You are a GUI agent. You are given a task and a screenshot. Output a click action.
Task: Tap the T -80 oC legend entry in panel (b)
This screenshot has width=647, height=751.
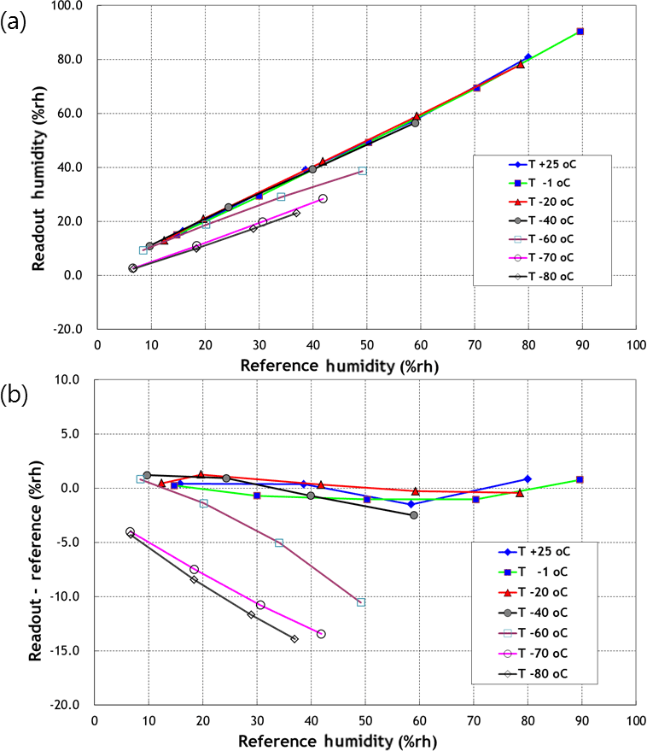pyautogui.click(x=540, y=673)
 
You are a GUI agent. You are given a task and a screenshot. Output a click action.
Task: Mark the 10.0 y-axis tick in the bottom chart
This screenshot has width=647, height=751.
pyautogui.click(x=69, y=379)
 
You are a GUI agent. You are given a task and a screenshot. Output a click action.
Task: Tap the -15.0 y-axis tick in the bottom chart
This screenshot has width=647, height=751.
pyautogui.click(x=67, y=651)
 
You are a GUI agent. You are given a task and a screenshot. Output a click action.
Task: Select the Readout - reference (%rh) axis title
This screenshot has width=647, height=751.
pyautogui.click(x=36, y=543)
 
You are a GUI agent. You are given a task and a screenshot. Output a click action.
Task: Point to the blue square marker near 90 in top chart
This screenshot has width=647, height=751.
pyautogui.click(x=580, y=31)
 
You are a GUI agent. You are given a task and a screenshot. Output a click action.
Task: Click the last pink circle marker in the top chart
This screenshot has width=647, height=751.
pyautogui.click(x=323, y=198)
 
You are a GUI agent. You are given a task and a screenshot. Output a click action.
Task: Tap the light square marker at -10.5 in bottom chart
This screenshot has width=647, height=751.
pyautogui.click(x=361, y=602)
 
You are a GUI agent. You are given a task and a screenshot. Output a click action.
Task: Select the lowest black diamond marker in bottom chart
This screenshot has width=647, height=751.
pyautogui.click(x=294, y=639)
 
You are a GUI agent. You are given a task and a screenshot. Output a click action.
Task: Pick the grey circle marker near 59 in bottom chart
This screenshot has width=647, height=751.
pyautogui.click(x=414, y=515)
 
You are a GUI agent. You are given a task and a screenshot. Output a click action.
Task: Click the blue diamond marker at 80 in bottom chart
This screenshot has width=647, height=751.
pyautogui.click(x=528, y=479)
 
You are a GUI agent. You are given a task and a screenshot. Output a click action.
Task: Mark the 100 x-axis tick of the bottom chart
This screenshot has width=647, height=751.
pyautogui.click(x=634, y=719)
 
